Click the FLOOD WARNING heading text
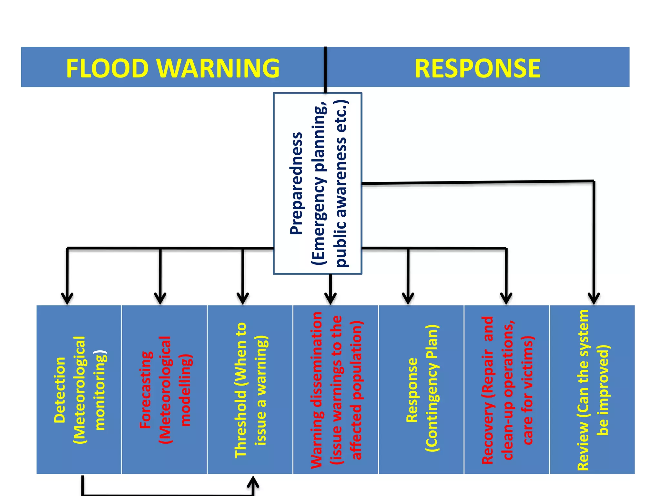173,68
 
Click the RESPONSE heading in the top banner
477,68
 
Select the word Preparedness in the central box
296,183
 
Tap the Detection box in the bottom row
79,389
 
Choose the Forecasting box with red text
165,389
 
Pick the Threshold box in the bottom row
250,389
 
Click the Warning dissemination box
336,389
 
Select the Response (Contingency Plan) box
421,389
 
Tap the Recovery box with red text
507,389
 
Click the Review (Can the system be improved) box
592,389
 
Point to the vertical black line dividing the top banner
325,69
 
